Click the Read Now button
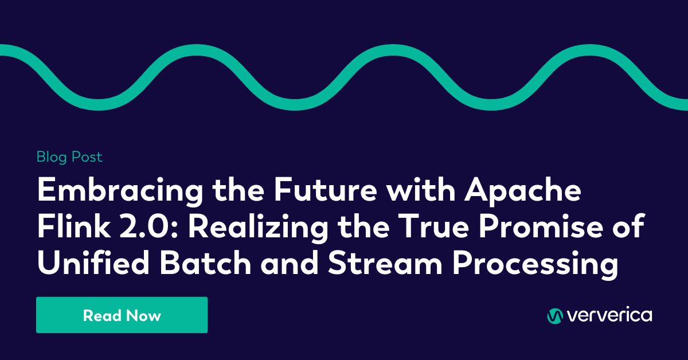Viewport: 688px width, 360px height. point(122,315)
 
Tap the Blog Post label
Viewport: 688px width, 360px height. point(69,157)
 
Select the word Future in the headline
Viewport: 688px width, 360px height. point(326,189)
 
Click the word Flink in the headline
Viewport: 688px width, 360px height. point(74,226)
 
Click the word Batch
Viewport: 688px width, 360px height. point(205,263)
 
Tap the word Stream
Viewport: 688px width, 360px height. point(385,263)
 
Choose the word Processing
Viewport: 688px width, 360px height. point(535,264)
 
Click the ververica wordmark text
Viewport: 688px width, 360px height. point(609,315)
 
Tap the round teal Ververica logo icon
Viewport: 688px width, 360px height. point(555,316)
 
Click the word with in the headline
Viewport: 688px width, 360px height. point(420,189)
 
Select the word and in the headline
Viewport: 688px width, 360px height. point(290,263)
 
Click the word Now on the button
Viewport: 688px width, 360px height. point(143,315)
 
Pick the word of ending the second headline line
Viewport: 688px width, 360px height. point(628,226)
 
